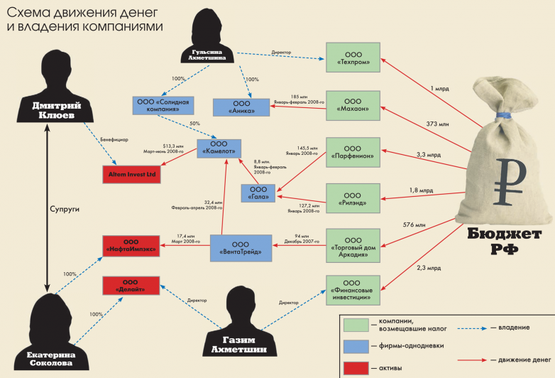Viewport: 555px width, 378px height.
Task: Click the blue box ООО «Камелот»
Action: coord(224,148)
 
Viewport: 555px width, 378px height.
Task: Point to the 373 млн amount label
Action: coord(436,124)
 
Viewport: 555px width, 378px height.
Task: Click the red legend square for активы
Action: coord(359,367)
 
